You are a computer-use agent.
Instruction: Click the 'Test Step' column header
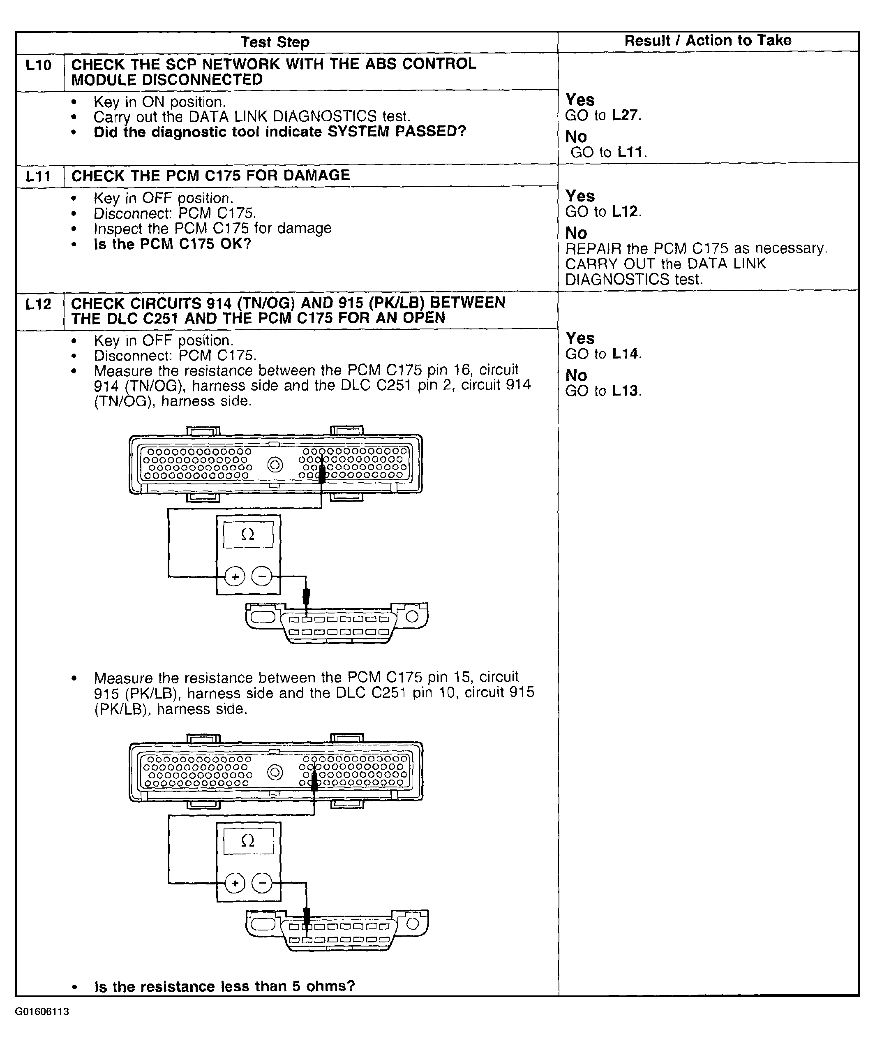pyautogui.click(x=275, y=42)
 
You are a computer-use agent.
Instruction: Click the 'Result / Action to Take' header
pyautogui.click(x=708, y=40)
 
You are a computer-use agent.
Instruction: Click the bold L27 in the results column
pyautogui.click(x=625, y=115)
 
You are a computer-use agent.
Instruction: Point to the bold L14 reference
pyautogui.click(x=625, y=354)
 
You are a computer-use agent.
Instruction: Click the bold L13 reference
pyautogui.click(x=625, y=391)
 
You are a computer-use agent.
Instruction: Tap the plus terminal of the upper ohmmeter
pyautogui.click(x=235, y=577)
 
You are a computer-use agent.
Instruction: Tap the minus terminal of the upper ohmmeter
pyautogui.click(x=262, y=577)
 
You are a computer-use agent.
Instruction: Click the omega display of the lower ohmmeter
pyautogui.click(x=248, y=841)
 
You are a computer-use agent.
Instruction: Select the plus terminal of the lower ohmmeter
pyautogui.click(x=235, y=884)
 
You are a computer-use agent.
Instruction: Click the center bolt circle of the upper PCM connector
pyautogui.click(x=275, y=465)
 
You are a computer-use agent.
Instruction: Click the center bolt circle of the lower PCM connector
pyautogui.click(x=275, y=773)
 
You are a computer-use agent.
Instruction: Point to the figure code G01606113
pyautogui.click(x=42, y=1011)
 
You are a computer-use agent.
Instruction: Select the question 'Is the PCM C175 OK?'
pyautogui.click(x=172, y=244)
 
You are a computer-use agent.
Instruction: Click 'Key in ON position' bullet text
pyautogui.click(x=159, y=102)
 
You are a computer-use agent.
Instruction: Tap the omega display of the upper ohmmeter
pyautogui.click(x=248, y=535)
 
